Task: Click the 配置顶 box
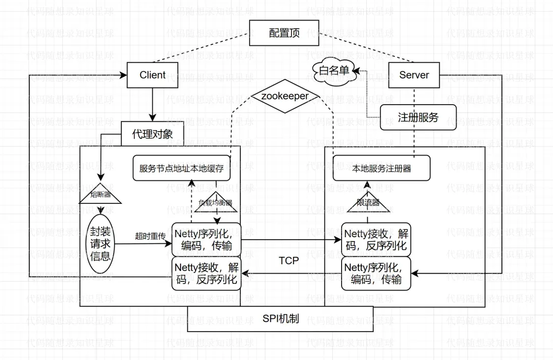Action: [x=284, y=33]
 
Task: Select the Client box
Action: [x=152, y=75]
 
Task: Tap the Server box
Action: [x=414, y=75]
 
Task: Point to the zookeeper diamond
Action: [x=285, y=96]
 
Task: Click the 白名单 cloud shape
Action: [x=334, y=72]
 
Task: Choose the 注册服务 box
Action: [x=418, y=117]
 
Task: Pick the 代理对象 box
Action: [x=152, y=134]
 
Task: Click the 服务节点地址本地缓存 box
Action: [x=182, y=168]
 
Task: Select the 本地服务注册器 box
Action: [x=382, y=168]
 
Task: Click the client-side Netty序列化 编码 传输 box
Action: [x=206, y=240]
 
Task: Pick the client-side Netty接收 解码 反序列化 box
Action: [x=206, y=274]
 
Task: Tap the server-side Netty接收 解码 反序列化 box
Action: [x=376, y=240]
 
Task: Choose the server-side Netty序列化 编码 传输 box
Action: [x=376, y=274]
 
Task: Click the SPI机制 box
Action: [x=280, y=319]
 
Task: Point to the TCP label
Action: [x=289, y=261]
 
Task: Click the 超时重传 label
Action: [x=150, y=235]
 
